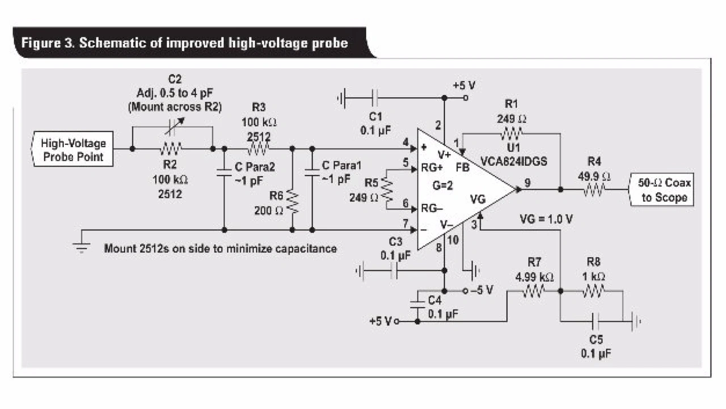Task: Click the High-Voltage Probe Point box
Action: (73, 149)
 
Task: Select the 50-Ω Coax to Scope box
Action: (662, 189)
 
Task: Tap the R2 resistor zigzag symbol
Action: (171, 149)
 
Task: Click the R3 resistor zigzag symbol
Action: (258, 149)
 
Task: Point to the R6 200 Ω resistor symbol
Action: (292, 202)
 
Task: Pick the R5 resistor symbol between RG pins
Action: (387, 189)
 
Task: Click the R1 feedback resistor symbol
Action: (512, 133)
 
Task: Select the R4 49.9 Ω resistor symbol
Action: (594, 189)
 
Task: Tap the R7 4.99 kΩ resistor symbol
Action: (534, 290)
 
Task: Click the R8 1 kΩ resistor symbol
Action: (594, 290)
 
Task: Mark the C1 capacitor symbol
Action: (375, 98)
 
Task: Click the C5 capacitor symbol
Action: (596, 322)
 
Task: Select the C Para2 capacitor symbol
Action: (224, 172)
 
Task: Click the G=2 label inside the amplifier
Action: (443, 185)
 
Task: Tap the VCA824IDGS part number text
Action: (514, 162)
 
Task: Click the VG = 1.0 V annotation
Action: (546, 220)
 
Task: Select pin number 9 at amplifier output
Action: (527, 183)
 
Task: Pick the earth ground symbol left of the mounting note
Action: (81, 247)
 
